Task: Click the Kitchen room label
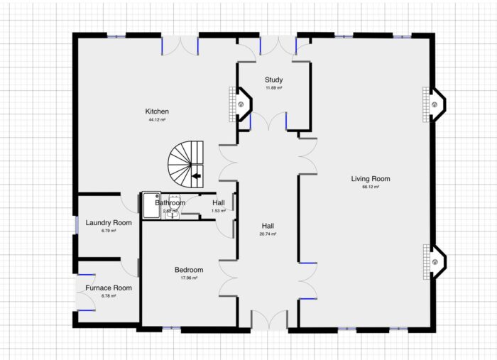[157, 111]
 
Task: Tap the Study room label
[273, 80]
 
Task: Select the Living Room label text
[371, 178]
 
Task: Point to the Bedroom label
[189, 270]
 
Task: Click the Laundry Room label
[109, 223]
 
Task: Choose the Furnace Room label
[109, 288]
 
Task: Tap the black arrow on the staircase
[197, 175]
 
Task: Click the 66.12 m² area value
[371, 187]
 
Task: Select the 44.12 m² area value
[157, 120]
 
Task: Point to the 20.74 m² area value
[268, 234]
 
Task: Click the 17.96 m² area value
[189, 278]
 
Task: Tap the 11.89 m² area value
[273, 88]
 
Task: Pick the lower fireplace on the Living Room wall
[436, 261]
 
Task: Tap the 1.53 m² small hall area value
[219, 211]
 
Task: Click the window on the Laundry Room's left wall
[76, 224]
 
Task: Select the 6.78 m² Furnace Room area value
[109, 295]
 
